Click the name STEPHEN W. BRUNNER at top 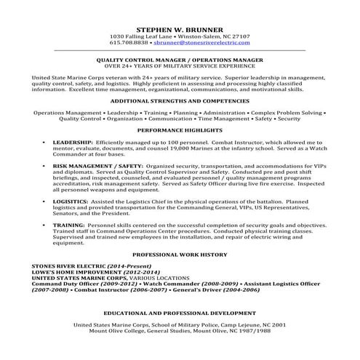click(x=179, y=25)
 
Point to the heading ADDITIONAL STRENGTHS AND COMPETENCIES click(x=179, y=101)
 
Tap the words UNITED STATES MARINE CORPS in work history click(x=79, y=279)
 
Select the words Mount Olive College click(x=113, y=331)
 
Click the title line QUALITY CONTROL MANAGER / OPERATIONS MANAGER click(x=179, y=62)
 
